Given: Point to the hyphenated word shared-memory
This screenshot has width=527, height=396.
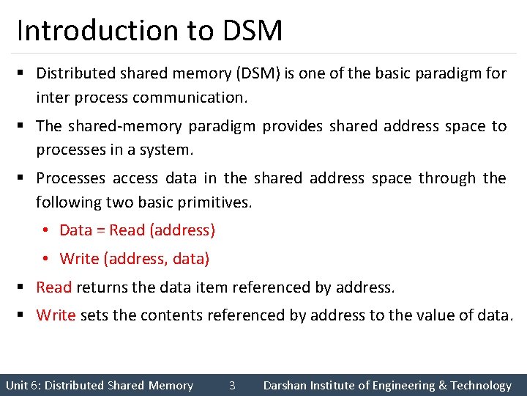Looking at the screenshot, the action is coord(125,126).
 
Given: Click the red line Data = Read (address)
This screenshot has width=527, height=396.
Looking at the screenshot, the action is coord(137,230).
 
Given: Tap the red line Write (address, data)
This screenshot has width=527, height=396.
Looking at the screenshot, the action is coord(134,259).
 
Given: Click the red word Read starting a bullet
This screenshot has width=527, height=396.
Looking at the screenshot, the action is coord(53,287).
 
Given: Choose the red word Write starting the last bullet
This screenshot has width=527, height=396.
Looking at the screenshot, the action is coord(56,315).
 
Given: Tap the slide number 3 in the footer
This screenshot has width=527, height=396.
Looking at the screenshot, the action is coord(231,385).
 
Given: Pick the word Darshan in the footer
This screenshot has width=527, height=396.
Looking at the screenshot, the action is coord(286,385).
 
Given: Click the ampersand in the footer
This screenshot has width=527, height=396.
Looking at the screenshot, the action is coord(442,385).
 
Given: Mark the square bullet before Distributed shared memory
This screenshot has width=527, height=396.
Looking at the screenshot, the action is coord(21,73).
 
